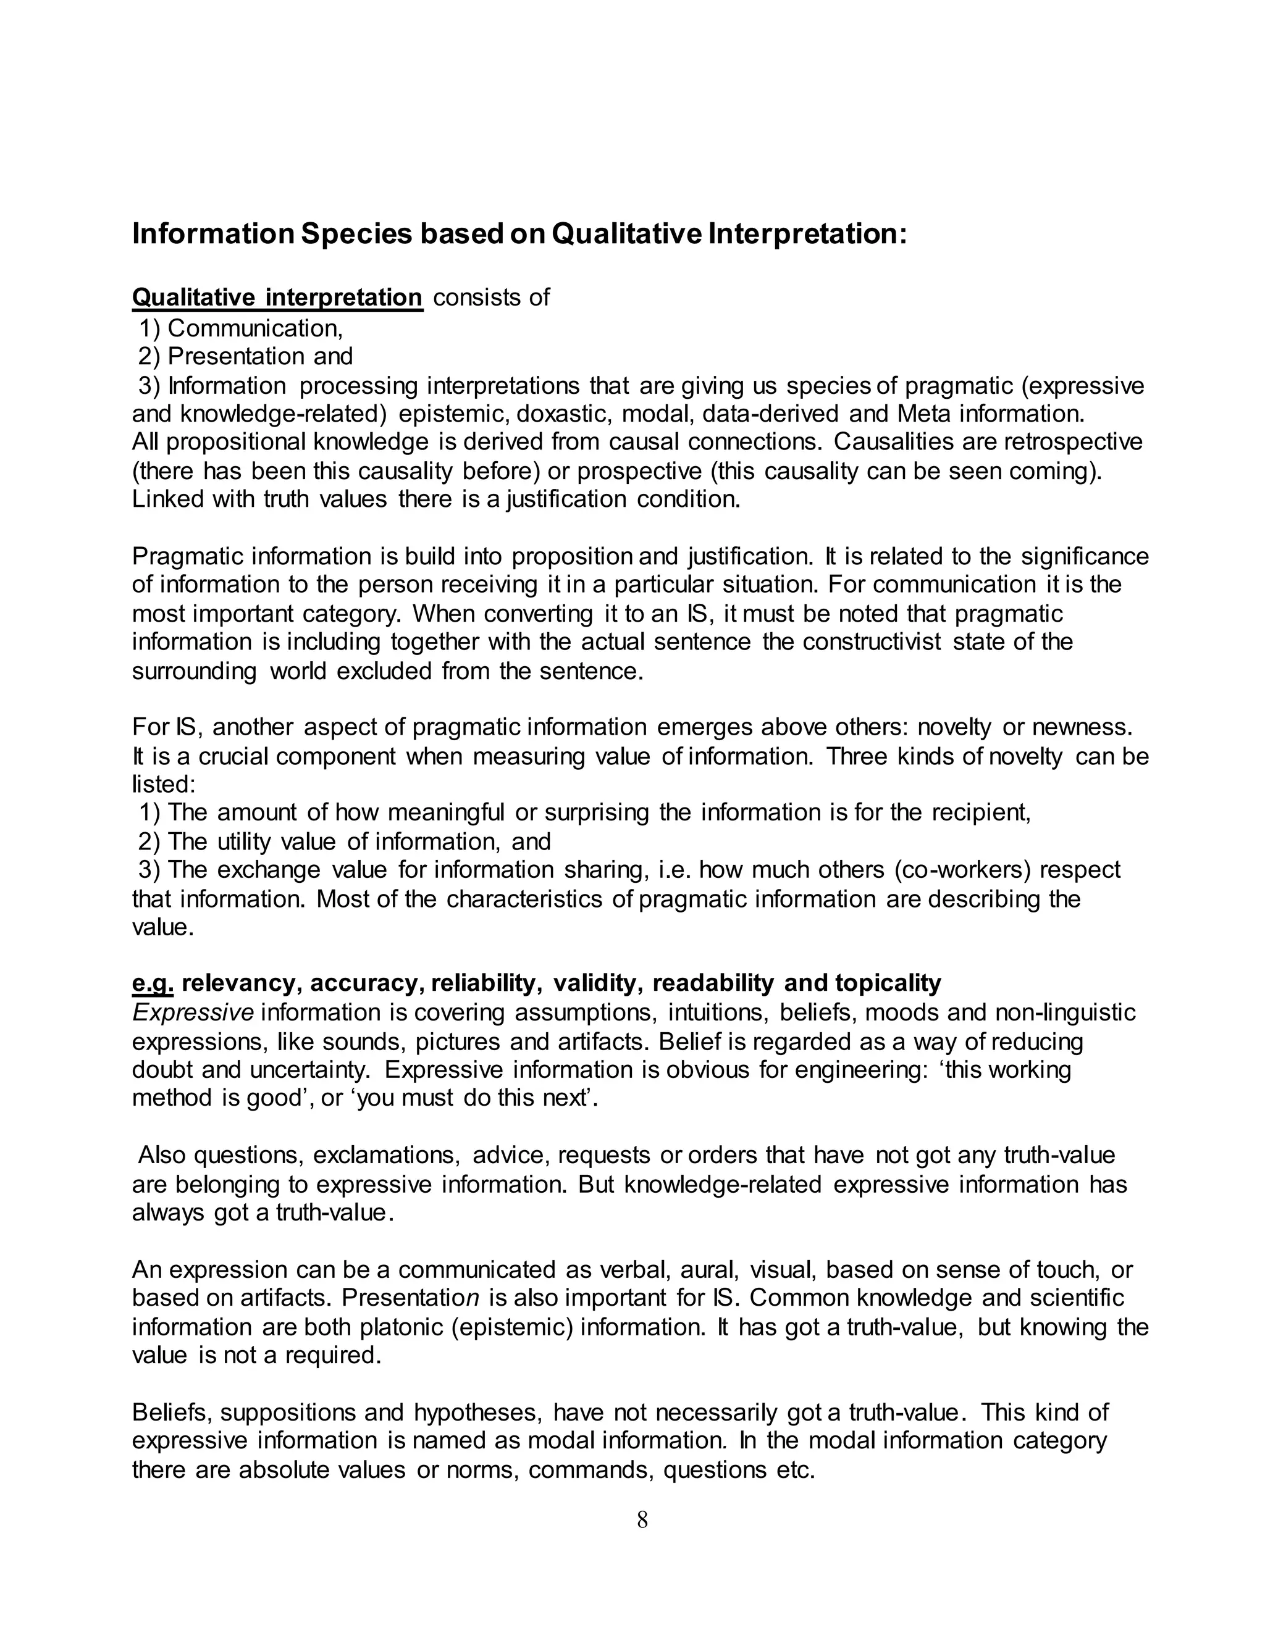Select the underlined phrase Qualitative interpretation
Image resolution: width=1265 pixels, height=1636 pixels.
coord(277,298)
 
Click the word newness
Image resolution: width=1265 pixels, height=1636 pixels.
coord(1082,727)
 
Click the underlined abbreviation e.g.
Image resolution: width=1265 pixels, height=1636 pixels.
coord(153,983)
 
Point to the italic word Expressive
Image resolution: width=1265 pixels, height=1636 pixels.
coord(193,1012)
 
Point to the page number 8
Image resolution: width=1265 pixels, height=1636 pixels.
coord(642,1520)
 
